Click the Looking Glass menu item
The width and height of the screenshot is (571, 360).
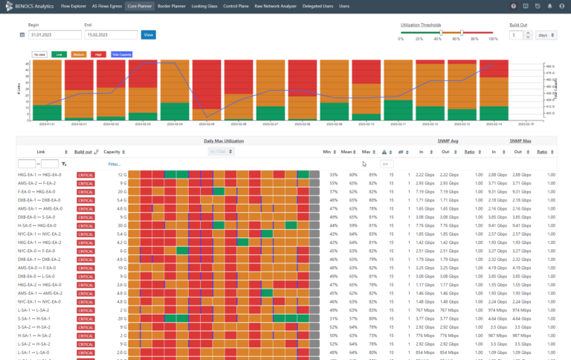click(x=204, y=5)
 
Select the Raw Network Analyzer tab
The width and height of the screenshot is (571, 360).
click(x=275, y=5)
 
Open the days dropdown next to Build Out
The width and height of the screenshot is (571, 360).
click(x=546, y=34)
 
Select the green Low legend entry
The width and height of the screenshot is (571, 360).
click(x=59, y=54)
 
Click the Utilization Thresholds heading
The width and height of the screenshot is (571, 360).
click(x=421, y=25)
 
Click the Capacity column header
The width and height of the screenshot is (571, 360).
click(x=112, y=152)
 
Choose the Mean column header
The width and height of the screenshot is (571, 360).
click(x=346, y=152)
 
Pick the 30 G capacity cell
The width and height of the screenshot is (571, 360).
click(x=122, y=225)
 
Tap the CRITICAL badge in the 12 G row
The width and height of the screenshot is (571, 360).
click(x=86, y=174)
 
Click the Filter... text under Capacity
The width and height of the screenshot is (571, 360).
click(x=114, y=164)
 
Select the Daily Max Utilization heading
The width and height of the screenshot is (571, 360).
click(x=223, y=141)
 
